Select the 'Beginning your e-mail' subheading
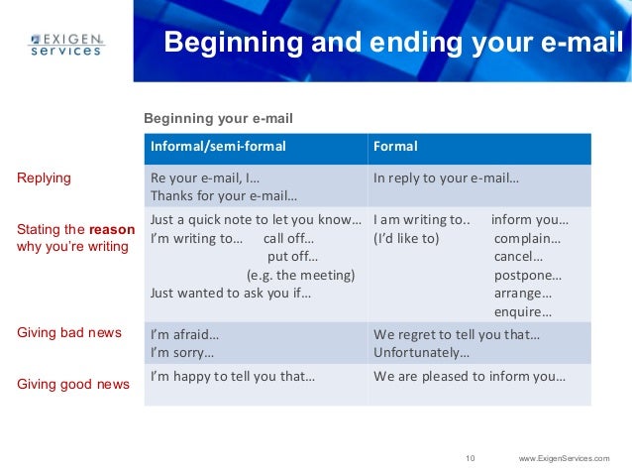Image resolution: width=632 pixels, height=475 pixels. pyautogui.click(x=219, y=119)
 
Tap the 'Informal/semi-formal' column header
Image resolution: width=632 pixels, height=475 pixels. pyautogui.click(x=217, y=147)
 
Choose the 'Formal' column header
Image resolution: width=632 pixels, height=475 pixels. pyautogui.click(x=394, y=147)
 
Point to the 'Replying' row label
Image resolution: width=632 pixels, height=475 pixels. pyautogui.click(x=45, y=178)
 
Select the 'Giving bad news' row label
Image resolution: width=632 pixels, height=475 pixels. pyautogui.click(x=69, y=332)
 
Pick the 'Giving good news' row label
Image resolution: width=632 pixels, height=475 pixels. pyautogui.click(x=73, y=384)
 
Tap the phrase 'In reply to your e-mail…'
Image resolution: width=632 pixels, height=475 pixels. pyautogui.click(x=446, y=178)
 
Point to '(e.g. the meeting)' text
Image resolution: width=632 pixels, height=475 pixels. pyautogui.click(x=300, y=275)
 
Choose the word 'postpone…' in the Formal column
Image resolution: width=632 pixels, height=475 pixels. pyautogui.click(x=527, y=275)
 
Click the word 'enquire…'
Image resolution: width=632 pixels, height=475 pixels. pyautogui.click(x=523, y=311)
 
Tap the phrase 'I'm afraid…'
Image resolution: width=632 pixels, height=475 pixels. pyautogui.click(x=184, y=334)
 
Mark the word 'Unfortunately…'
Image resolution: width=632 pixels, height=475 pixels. pyautogui.click(x=422, y=352)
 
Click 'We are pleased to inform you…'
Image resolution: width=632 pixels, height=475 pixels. pyautogui.click(x=469, y=377)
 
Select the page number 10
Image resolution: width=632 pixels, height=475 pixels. pyautogui.click(x=470, y=457)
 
